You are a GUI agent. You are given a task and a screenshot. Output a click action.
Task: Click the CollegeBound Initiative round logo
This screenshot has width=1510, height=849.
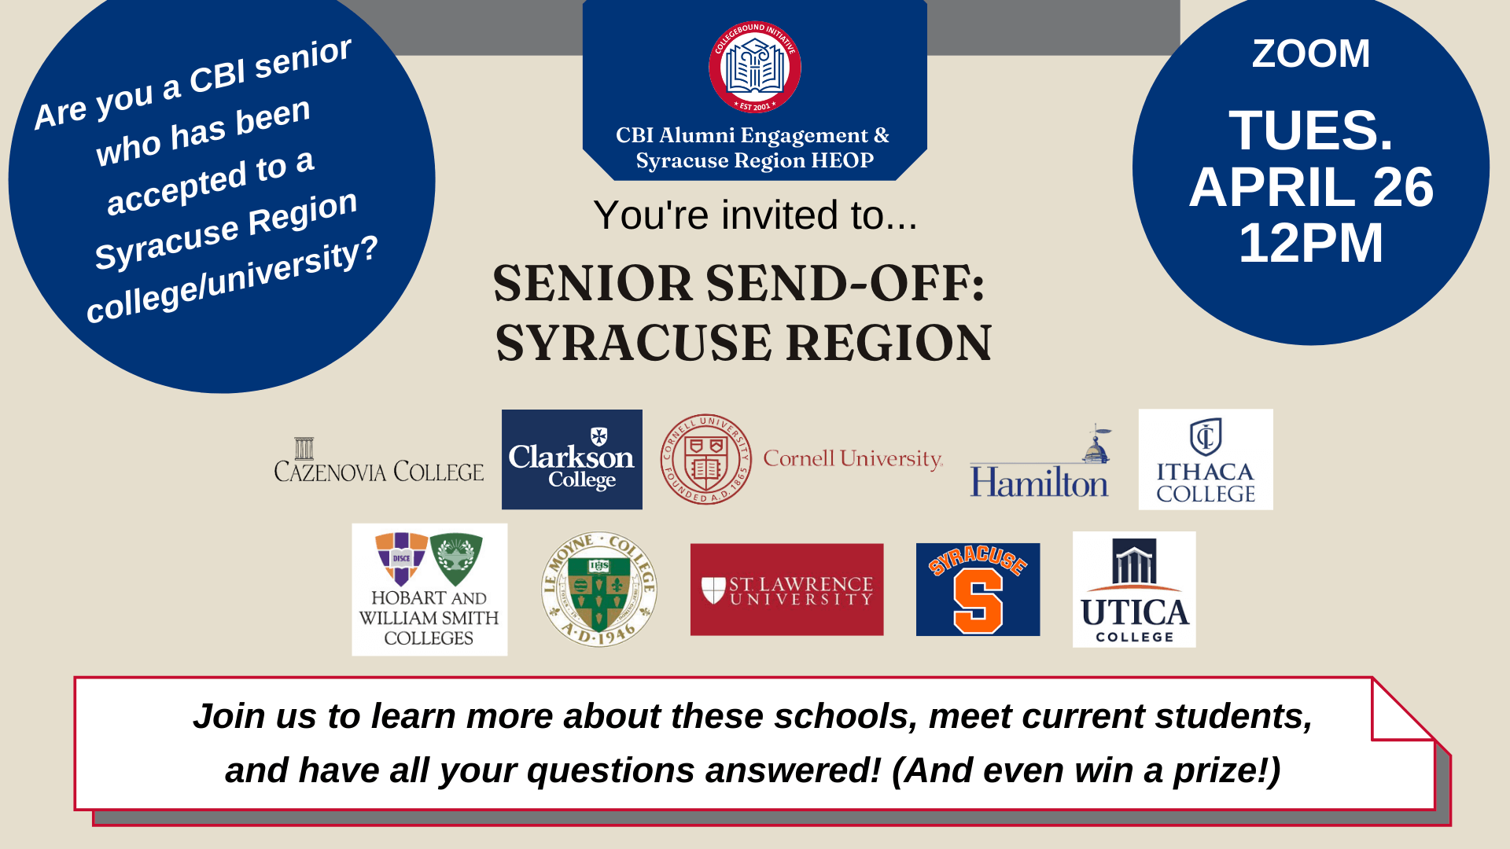coord(754,67)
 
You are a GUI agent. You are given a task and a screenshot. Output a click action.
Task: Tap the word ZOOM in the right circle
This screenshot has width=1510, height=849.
coord(1310,53)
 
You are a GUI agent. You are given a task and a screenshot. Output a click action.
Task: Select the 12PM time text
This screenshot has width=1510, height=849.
coord(1310,243)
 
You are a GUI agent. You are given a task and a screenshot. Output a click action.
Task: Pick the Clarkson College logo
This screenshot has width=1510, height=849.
coord(572,459)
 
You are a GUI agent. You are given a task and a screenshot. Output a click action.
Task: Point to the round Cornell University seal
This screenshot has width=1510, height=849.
coord(705,459)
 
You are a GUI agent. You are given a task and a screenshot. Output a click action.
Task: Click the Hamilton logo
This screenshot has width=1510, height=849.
coord(1040,469)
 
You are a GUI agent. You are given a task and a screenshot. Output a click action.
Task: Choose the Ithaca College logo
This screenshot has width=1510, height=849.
coord(1205,459)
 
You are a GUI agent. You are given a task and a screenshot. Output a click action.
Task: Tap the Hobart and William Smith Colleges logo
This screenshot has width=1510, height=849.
coord(429,590)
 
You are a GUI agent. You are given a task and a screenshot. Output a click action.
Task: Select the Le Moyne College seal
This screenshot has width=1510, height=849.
coord(599,590)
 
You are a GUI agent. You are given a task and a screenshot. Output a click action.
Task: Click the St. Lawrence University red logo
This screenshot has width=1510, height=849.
coord(786,590)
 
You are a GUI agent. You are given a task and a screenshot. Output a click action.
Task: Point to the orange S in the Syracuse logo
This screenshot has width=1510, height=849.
coord(978,601)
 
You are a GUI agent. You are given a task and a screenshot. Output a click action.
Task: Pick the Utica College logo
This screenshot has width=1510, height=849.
coord(1134,590)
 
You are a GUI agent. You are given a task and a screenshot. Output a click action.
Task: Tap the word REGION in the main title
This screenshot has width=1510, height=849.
coord(889,344)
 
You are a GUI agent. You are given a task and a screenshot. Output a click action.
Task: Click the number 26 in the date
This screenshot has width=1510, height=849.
coord(1403,188)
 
